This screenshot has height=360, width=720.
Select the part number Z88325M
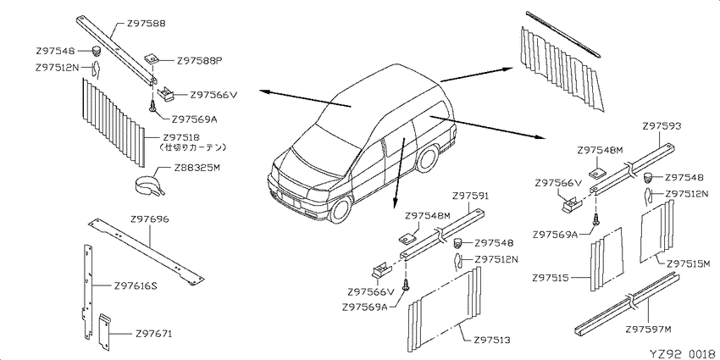point(197,168)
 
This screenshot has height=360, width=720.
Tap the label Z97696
point(150,219)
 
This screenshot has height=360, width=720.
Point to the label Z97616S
point(136,286)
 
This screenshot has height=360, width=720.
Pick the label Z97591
point(470,196)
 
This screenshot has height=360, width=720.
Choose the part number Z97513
point(492,341)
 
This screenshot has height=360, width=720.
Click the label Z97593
point(662,125)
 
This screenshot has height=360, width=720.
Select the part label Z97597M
point(648,330)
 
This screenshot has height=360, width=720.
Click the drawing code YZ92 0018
point(684,353)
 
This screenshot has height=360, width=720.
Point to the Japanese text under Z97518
point(192,148)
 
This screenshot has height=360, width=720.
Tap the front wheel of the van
point(341,208)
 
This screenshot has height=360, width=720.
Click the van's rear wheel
point(427,158)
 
